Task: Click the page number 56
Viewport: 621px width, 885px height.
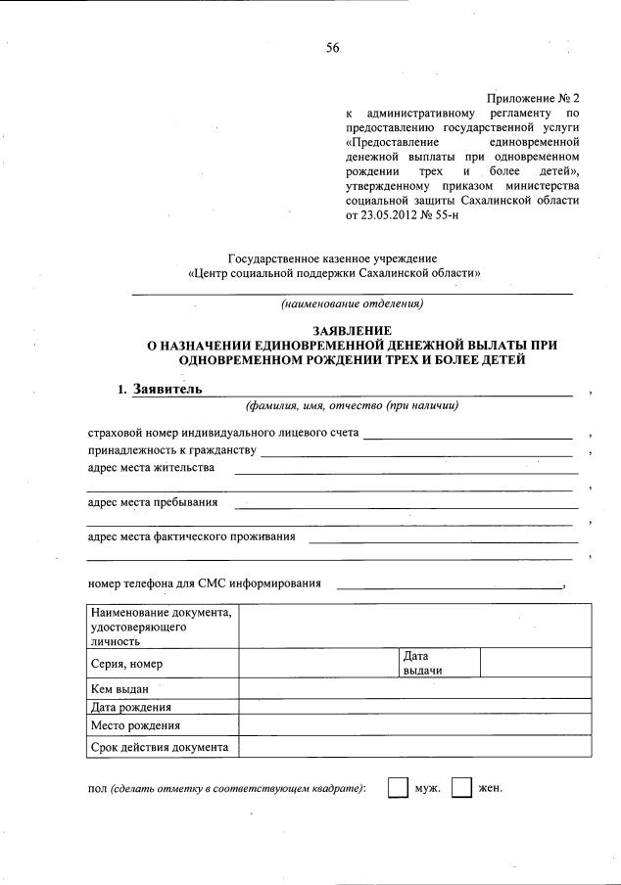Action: [332, 51]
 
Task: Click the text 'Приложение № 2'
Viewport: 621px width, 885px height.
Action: [531, 99]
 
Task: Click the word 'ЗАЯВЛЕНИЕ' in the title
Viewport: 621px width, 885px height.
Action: [352, 331]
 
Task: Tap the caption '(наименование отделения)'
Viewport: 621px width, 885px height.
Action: [352, 304]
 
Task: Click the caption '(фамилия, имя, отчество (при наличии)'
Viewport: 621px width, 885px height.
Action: [352, 406]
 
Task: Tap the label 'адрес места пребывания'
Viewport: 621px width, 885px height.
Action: [153, 503]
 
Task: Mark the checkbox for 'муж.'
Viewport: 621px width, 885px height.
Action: [397, 788]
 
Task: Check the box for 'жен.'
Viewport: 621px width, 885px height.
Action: [461, 788]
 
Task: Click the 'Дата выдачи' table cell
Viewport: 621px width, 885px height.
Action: [440, 662]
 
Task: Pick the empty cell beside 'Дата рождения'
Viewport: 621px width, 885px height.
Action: [415, 707]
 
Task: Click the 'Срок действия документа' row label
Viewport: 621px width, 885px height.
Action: [159, 748]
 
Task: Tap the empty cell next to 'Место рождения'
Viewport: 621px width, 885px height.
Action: [415, 726]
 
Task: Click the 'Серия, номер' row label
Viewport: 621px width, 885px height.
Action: [125, 665]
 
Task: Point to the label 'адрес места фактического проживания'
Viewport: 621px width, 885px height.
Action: [191, 536]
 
